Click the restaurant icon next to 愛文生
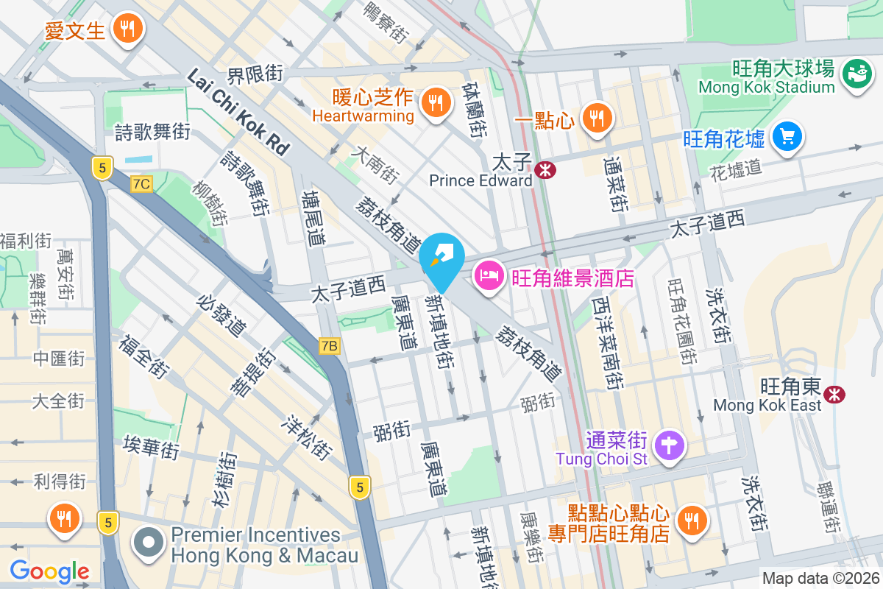tap(128, 29)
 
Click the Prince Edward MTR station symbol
tap(546, 170)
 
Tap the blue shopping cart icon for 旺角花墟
tap(787, 136)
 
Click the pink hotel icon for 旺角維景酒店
tap(489, 277)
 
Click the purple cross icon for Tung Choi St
tap(670, 446)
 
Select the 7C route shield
tap(141, 184)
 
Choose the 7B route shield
tap(330, 345)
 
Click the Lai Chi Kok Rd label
tap(238, 111)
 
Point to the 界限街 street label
tap(255, 74)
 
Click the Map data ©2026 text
tap(820, 579)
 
